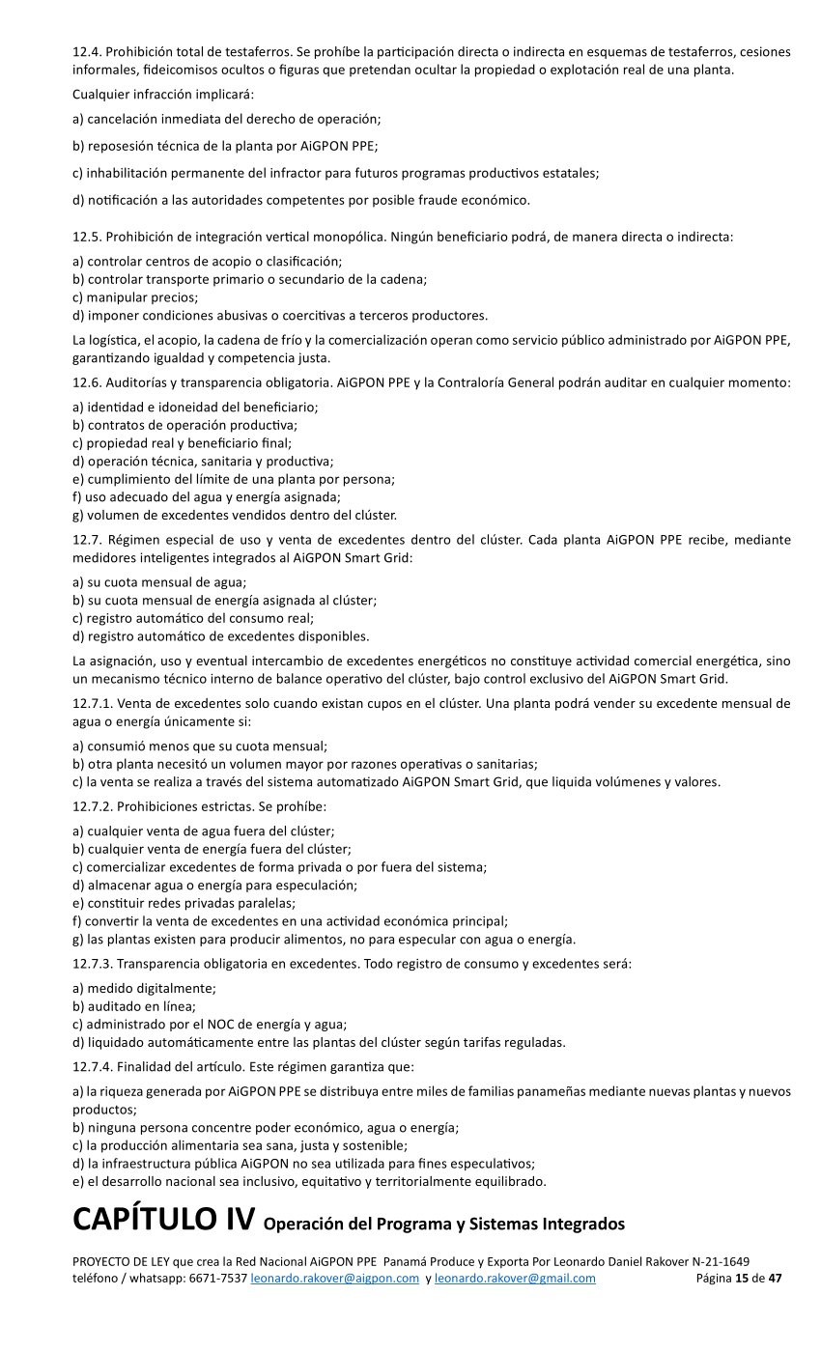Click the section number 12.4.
tap(86, 51)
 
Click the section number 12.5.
tap(86, 237)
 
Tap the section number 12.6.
tap(86, 383)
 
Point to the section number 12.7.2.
tap(93, 805)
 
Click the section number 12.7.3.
tap(93, 964)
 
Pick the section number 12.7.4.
tap(93, 1067)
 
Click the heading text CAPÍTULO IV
tap(163, 1219)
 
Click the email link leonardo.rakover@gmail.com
tap(515, 1279)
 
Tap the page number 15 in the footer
tap(742, 1279)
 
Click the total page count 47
tap(775, 1279)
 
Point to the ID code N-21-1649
tap(718, 1262)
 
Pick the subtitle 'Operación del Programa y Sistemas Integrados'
tap(443, 1225)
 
